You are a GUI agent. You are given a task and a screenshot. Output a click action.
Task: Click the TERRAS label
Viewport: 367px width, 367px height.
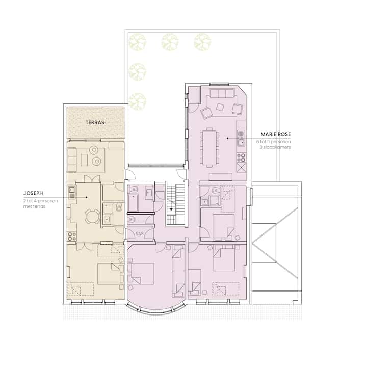coord(95,122)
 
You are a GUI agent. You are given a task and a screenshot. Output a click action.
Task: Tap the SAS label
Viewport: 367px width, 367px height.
coord(140,233)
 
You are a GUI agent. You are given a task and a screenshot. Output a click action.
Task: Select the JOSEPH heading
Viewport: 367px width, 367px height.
coord(33,193)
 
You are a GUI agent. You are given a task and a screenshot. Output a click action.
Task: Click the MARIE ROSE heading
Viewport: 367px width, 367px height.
coord(275,134)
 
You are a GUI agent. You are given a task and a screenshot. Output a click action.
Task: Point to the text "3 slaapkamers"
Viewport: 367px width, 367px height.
coord(275,147)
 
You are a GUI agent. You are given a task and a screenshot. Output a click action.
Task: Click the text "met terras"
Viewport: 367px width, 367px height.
coord(35,206)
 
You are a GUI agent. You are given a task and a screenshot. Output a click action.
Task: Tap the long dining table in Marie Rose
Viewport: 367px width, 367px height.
coord(209,148)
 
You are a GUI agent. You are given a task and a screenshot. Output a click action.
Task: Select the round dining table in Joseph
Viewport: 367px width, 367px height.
coord(93,217)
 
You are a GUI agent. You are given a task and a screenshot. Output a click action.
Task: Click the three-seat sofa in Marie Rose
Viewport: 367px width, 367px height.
coord(222,93)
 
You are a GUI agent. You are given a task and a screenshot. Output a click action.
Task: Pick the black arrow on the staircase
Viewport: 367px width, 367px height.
coord(171,209)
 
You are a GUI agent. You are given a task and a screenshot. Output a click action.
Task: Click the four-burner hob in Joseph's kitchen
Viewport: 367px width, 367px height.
coord(72,237)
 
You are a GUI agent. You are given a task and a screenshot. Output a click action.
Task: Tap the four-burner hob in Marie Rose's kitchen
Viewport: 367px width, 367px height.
coord(241,158)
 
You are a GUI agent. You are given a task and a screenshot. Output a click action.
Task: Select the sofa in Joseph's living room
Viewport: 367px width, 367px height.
coord(72,160)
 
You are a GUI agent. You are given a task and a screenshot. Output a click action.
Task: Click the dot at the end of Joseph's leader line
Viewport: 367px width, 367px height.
coord(86,197)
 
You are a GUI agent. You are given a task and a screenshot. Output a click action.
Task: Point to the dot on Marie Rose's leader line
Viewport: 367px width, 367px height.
coord(227,138)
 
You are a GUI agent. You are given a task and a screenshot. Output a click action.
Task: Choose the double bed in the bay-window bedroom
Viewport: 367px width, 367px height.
coord(141,273)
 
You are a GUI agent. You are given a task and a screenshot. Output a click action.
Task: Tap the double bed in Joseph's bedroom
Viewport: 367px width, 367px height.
coord(110,274)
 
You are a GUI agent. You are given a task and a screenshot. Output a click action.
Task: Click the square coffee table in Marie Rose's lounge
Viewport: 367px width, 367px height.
coord(220,107)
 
